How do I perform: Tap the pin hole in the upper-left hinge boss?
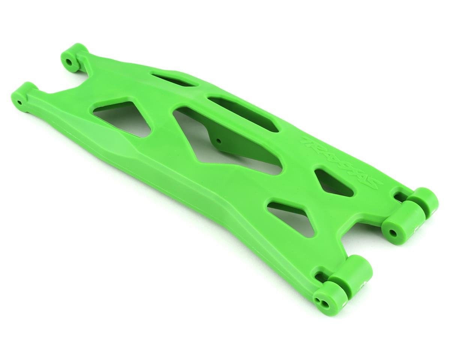point(69,61)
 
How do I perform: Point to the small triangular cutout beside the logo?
point(332,183)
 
